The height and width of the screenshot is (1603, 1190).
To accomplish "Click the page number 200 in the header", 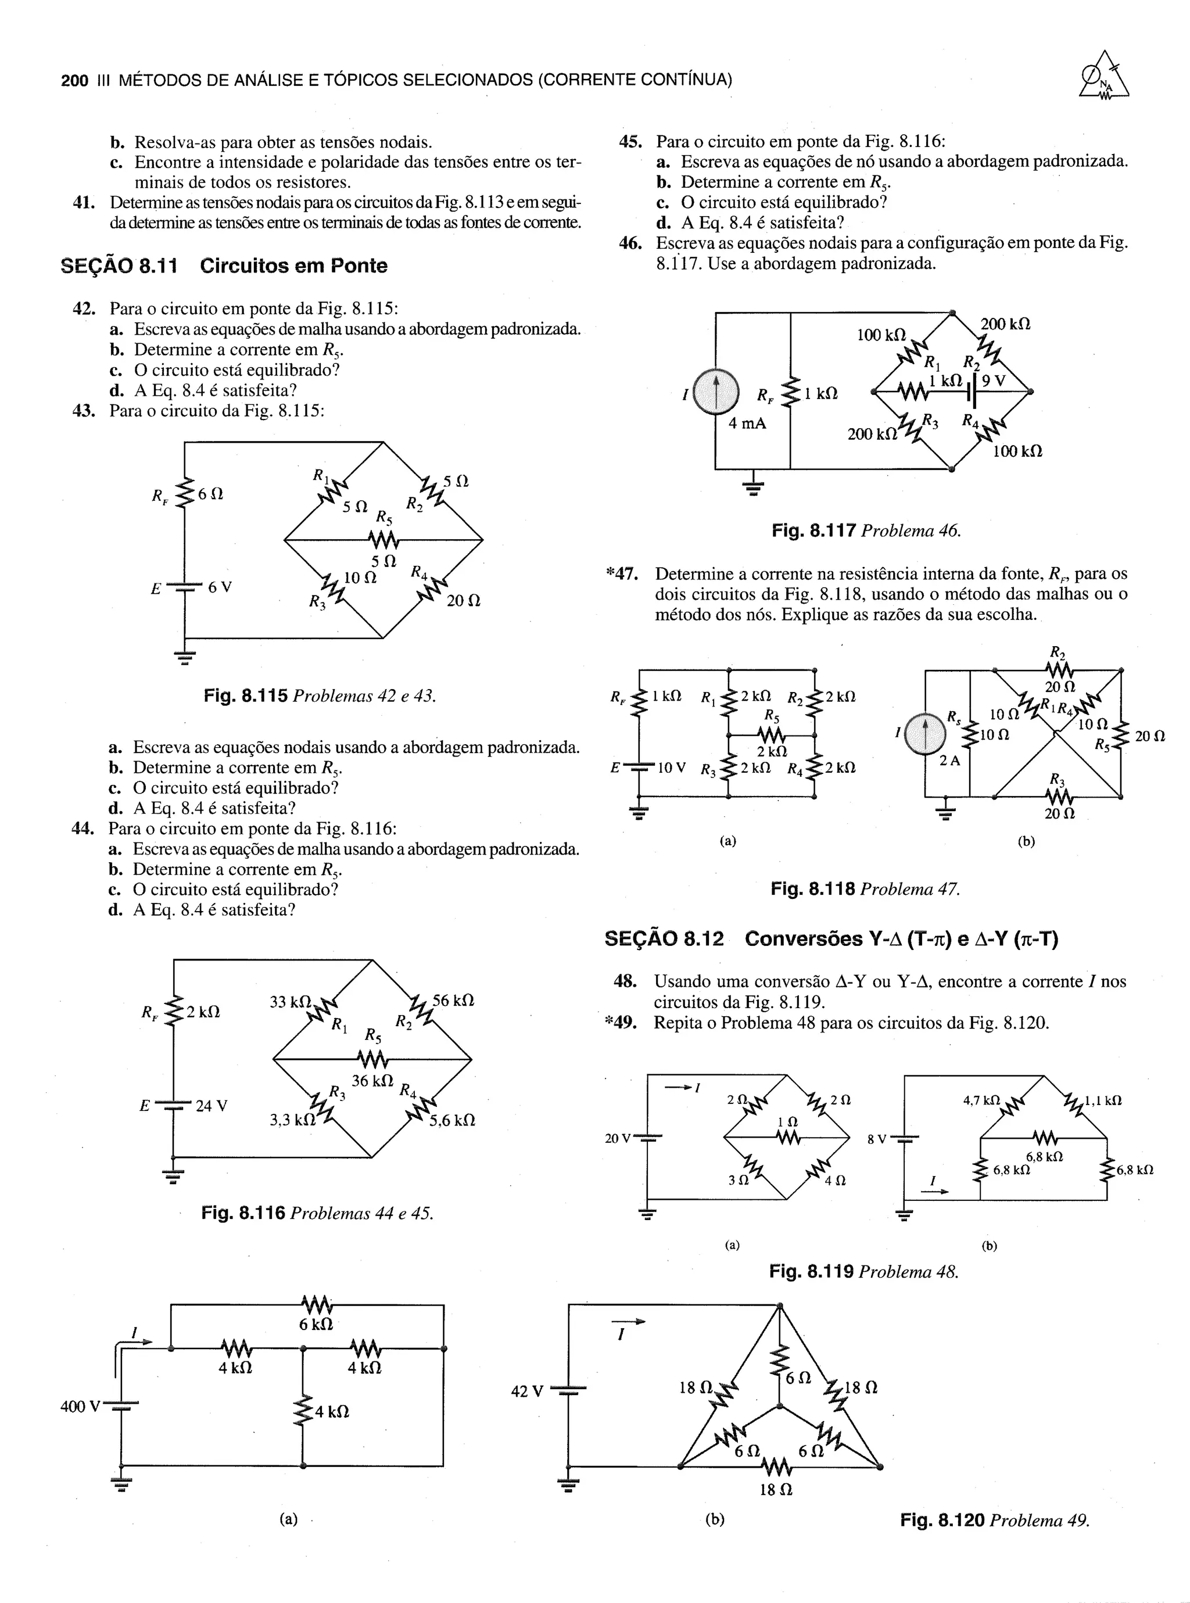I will point(74,80).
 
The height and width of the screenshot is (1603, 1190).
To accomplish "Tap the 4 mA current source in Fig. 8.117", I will point(715,392).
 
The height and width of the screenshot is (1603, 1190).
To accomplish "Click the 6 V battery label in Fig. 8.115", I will point(220,587).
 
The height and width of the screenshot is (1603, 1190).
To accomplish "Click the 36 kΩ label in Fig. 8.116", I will point(372,1080).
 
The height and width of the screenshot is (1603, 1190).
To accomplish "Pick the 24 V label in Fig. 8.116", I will point(211,1106).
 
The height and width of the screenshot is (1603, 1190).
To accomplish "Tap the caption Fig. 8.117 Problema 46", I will point(866,530).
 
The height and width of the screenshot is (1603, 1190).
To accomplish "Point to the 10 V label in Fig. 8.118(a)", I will point(671,767).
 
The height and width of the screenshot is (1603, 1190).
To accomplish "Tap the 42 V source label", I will point(526,1392).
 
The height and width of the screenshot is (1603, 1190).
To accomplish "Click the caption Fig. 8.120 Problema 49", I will point(995,1520).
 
